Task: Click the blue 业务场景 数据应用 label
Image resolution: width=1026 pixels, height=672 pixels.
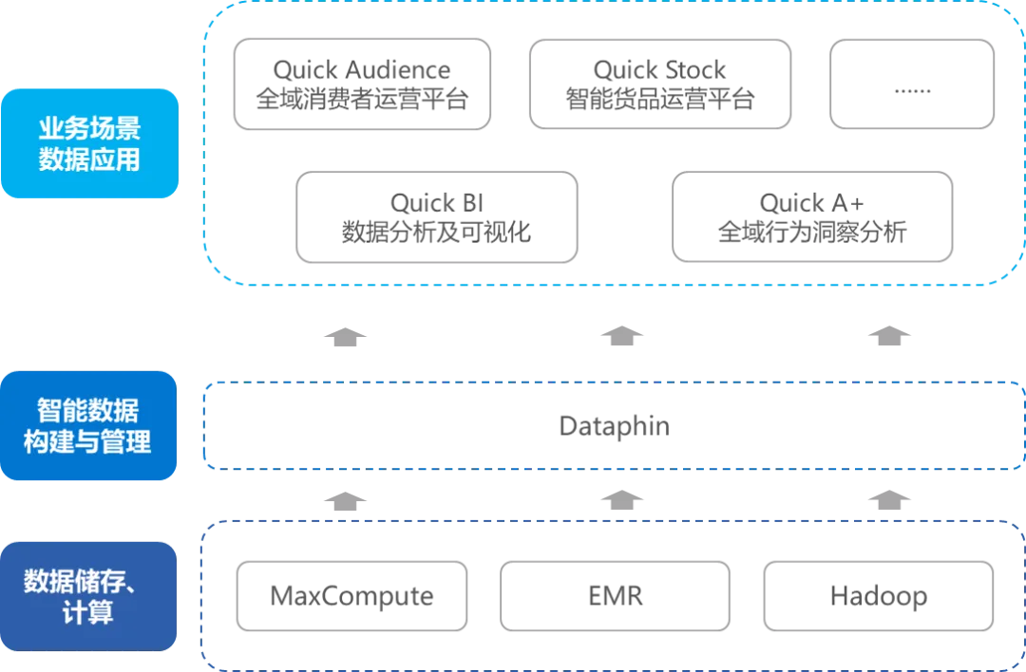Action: [90, 143]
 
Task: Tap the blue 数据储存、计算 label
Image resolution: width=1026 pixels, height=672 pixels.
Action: [90, 596]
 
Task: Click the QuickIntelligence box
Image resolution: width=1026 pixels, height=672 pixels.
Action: [361, 83]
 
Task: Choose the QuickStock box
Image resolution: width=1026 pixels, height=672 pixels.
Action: [661, 83]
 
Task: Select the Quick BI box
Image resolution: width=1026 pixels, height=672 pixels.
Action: [437, 216]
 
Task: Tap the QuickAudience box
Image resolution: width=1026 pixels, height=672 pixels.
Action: [811, 216]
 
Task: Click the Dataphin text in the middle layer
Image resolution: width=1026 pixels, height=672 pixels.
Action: [615, 427]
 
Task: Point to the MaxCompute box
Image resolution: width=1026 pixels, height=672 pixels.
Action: [352, 596]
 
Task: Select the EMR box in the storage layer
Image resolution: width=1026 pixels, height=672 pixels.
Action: [615, 596]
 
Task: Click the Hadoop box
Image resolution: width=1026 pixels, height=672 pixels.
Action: [880, 596]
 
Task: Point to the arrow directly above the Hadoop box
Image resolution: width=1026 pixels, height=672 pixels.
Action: [889, 499]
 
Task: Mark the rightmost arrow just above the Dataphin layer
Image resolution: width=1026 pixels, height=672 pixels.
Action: [889, 335]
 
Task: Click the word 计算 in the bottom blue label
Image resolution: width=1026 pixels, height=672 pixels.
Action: [88, 613]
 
